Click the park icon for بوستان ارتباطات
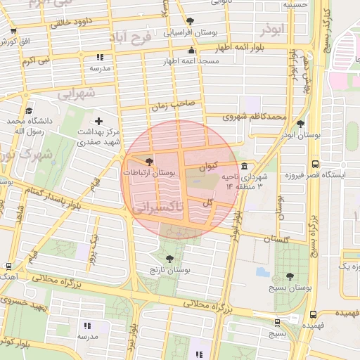[x=148, y=162]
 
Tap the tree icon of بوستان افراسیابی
[x=191, y=21]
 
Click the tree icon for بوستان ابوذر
[x=301, y=124]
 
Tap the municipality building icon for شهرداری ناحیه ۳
[x=244, y=167]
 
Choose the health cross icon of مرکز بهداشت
[x=98, y=122]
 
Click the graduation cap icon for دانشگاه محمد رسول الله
[x=29, y=110]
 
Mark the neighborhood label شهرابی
[x=75, y=93]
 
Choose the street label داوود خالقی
[x=73, y=24]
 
